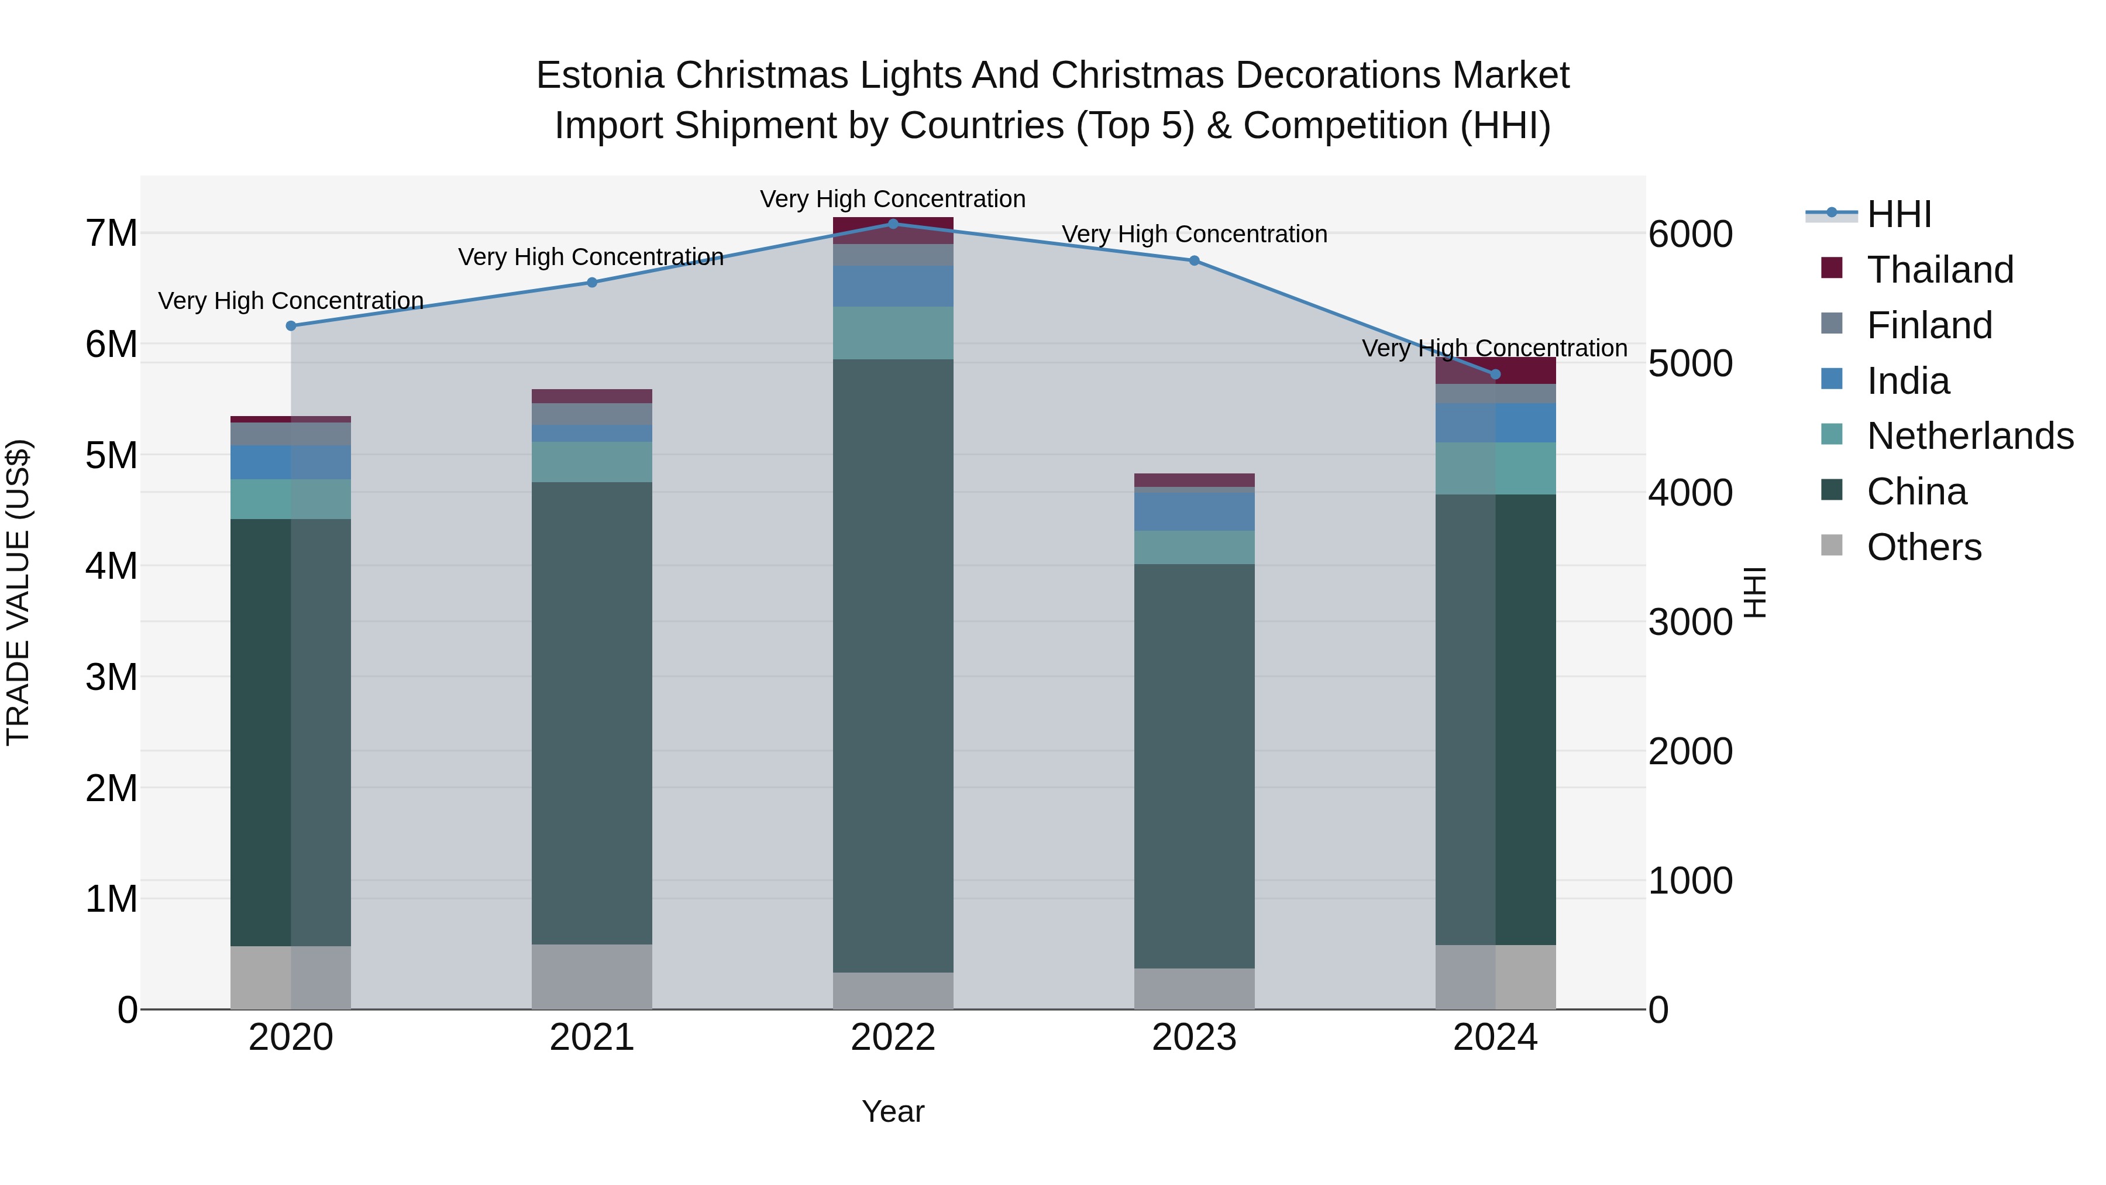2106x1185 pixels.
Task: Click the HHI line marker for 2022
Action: (893, 224)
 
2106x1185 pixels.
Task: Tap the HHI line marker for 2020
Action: (291, 325)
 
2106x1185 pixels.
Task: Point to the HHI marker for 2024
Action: (1495, 375)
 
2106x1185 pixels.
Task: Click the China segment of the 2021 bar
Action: (592, 712)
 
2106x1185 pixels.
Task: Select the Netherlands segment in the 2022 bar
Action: (893, 333)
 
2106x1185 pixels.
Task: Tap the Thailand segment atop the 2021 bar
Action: (592, 396)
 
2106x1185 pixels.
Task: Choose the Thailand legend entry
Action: (1940, 270)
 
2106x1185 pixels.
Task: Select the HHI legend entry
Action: (1898, 214)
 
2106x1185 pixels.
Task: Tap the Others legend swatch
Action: (1832, 545)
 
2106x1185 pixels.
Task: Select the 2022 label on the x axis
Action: (893, 1038)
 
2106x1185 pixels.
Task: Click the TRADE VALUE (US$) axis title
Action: (18, 592)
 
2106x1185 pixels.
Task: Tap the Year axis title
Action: (893, 1111)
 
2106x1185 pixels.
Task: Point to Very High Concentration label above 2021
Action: (591, 257)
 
